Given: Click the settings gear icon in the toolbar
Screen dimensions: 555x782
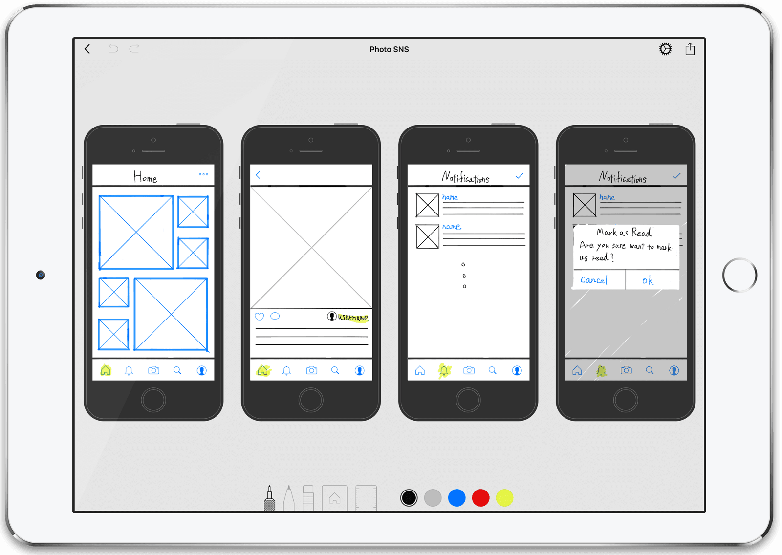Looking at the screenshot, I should [665, 49].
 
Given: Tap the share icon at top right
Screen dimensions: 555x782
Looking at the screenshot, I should [690, 49].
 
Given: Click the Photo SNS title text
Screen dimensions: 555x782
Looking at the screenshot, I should [389, 49].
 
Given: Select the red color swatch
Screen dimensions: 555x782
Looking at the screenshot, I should [480, 498].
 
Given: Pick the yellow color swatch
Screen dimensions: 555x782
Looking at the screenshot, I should [504, 498].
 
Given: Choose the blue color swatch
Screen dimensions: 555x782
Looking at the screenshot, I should [456, 498].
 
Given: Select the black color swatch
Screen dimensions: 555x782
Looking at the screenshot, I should [409, 498].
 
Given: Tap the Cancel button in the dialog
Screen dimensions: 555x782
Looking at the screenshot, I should [594, 280].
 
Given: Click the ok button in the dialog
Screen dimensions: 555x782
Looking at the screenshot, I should [648, 280].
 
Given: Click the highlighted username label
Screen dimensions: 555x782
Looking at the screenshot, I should [353, 318].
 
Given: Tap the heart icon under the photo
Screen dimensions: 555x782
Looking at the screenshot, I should [260, 317].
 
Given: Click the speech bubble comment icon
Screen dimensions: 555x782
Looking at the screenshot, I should [275, 317].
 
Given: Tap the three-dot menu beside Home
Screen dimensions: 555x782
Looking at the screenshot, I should [203, 174].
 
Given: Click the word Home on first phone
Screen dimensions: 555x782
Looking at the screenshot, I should [145, 177].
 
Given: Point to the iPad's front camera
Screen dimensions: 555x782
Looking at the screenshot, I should [41, 275].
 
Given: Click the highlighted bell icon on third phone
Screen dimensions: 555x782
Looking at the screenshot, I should [444, 371].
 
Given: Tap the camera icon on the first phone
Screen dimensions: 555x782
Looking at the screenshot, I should [153, 370].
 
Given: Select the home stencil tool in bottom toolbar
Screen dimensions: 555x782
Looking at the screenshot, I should [334, 498].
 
